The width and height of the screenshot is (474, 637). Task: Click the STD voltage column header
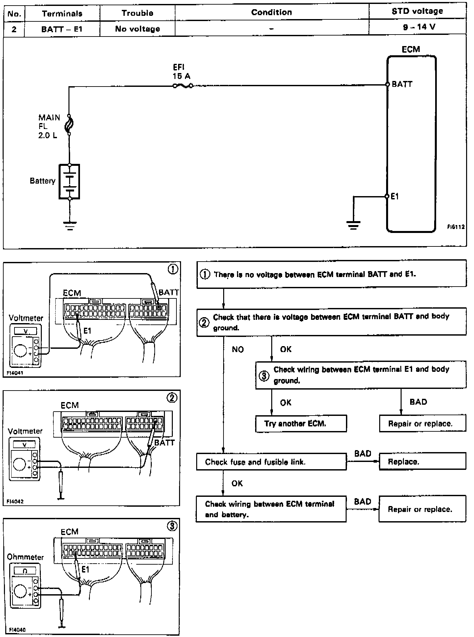click(417, 12)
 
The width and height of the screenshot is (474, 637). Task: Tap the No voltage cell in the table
click(137, 29)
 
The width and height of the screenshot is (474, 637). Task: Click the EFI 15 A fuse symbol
click(183, 86)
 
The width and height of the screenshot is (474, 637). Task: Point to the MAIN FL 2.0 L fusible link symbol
click(69, 125)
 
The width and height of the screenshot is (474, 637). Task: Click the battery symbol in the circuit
click(69, 181)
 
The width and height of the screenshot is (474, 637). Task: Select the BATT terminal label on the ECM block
click(402, 84)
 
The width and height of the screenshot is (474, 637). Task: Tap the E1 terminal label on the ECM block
click(395, 196)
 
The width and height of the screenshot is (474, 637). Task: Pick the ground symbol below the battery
click(69, 225)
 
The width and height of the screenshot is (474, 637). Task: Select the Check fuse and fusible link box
click(271, 462)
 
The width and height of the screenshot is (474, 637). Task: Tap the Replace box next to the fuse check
click(422, 461)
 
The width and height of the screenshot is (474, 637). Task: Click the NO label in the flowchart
click(238, 349)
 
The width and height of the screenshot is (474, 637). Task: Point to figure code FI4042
click(15, 501)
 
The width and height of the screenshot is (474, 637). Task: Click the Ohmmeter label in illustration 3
click(25, 557)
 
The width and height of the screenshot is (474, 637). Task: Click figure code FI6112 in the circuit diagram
click(456, 227)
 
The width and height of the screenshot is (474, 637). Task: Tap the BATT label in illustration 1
click(169, 292)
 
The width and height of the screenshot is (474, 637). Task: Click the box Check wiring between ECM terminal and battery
click(271, 509)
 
